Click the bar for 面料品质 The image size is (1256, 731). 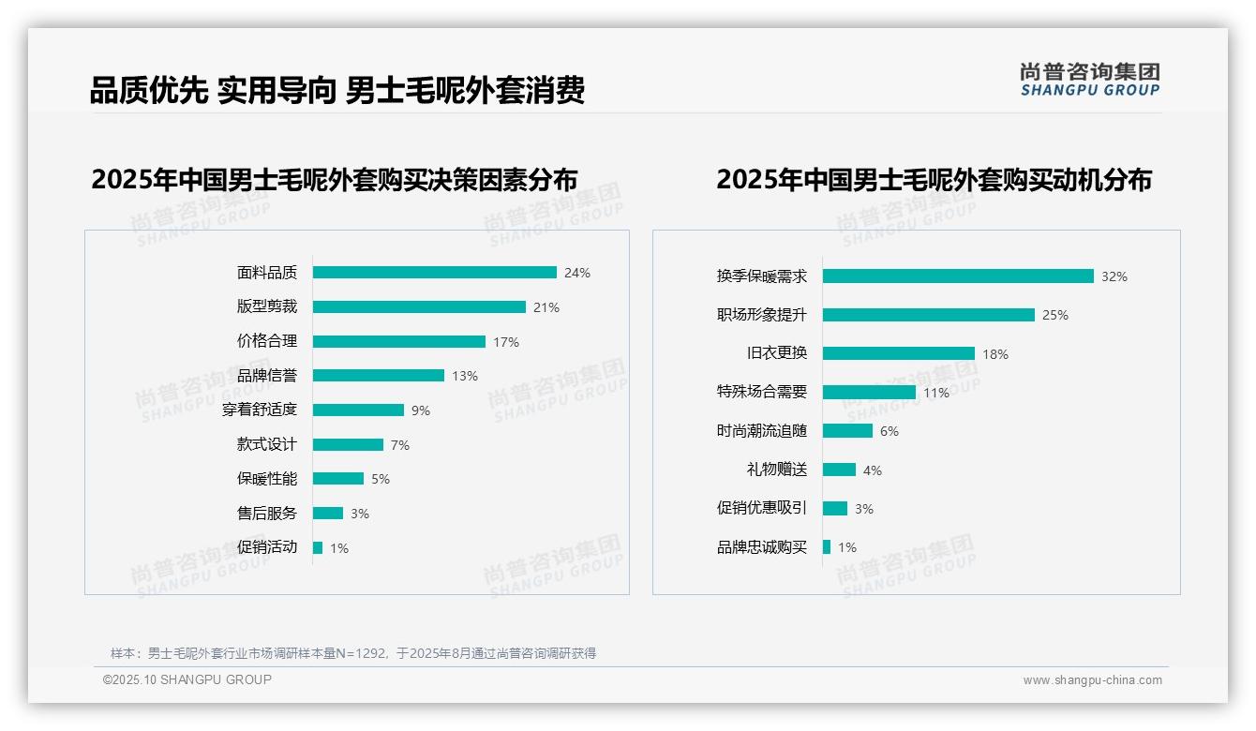click(x=434, y=273)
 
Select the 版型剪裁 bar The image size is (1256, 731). click(x=419, y=307)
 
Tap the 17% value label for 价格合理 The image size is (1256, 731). click(x=506, y=342)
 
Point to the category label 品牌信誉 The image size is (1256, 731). click(x=266, y=376)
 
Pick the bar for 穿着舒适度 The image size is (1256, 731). click(x=358, y=410)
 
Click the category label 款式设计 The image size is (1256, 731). click(x=266, y=444)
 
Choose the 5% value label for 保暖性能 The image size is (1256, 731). click(x=381, y=479)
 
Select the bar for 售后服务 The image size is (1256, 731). click(x=328, y=514)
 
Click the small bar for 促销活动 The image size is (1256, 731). click(x=318, y=548)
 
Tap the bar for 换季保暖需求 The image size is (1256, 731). click(x=958, y=276)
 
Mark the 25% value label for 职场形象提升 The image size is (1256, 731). click(x=1055, y=315)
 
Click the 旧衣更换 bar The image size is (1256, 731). click(x=899, y=354)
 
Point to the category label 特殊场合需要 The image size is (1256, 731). click(x=761, y=392)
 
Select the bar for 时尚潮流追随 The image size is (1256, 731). click(x=847, y=431)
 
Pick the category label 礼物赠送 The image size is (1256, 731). click(x=776, y=470)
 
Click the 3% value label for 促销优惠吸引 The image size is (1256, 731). click(x=864, y=509)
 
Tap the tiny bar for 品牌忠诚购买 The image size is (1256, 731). click(x=827, y=547)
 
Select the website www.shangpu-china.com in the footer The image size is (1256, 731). click(x=1092, y=680)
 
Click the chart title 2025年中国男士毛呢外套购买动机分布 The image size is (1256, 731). click(x=934, y=179)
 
